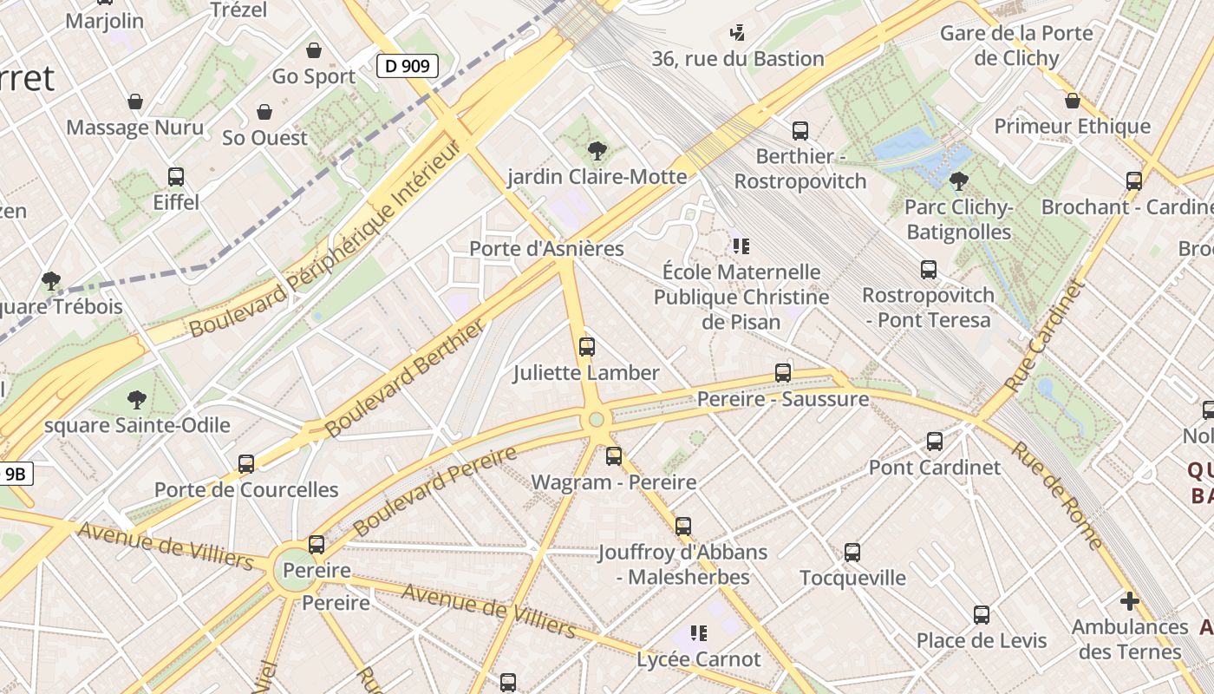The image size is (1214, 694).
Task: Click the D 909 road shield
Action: [x=407, y=65]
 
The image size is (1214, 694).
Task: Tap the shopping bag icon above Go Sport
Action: [x=314, y=50]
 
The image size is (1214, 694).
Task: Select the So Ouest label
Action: [x=264, y=138]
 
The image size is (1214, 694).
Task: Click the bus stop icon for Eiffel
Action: [x=176, y=177]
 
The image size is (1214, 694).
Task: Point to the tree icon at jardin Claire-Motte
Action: [x=597, y=151]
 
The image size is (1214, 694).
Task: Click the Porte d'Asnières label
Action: [x=546, y=248]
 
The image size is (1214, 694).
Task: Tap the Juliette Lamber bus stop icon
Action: [x=587, y=347]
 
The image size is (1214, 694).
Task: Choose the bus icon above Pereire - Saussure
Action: [x=783, y=373]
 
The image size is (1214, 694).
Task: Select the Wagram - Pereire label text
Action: [x=613, y=482]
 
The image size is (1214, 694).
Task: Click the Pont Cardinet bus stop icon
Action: [x=935, y=442]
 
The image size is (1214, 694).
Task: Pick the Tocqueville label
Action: [x=852, y=578]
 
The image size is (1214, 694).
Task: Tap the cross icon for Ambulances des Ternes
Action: [x=1129, y=600]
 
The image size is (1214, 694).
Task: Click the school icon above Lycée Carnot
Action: [x=699, y=633]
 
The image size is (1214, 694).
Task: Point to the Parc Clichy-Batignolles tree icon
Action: [x=958, y=181]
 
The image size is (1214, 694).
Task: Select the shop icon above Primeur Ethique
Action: [x=1073, y=101]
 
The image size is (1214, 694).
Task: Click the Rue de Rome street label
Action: [x=1057, y=495]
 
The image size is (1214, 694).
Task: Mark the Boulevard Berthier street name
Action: [x=405, y=378]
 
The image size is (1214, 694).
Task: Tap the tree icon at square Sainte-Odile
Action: [x=136, y=400]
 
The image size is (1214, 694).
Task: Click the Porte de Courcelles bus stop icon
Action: [x=246, y=464]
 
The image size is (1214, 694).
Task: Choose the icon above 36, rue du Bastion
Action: [x=737, y=33]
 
